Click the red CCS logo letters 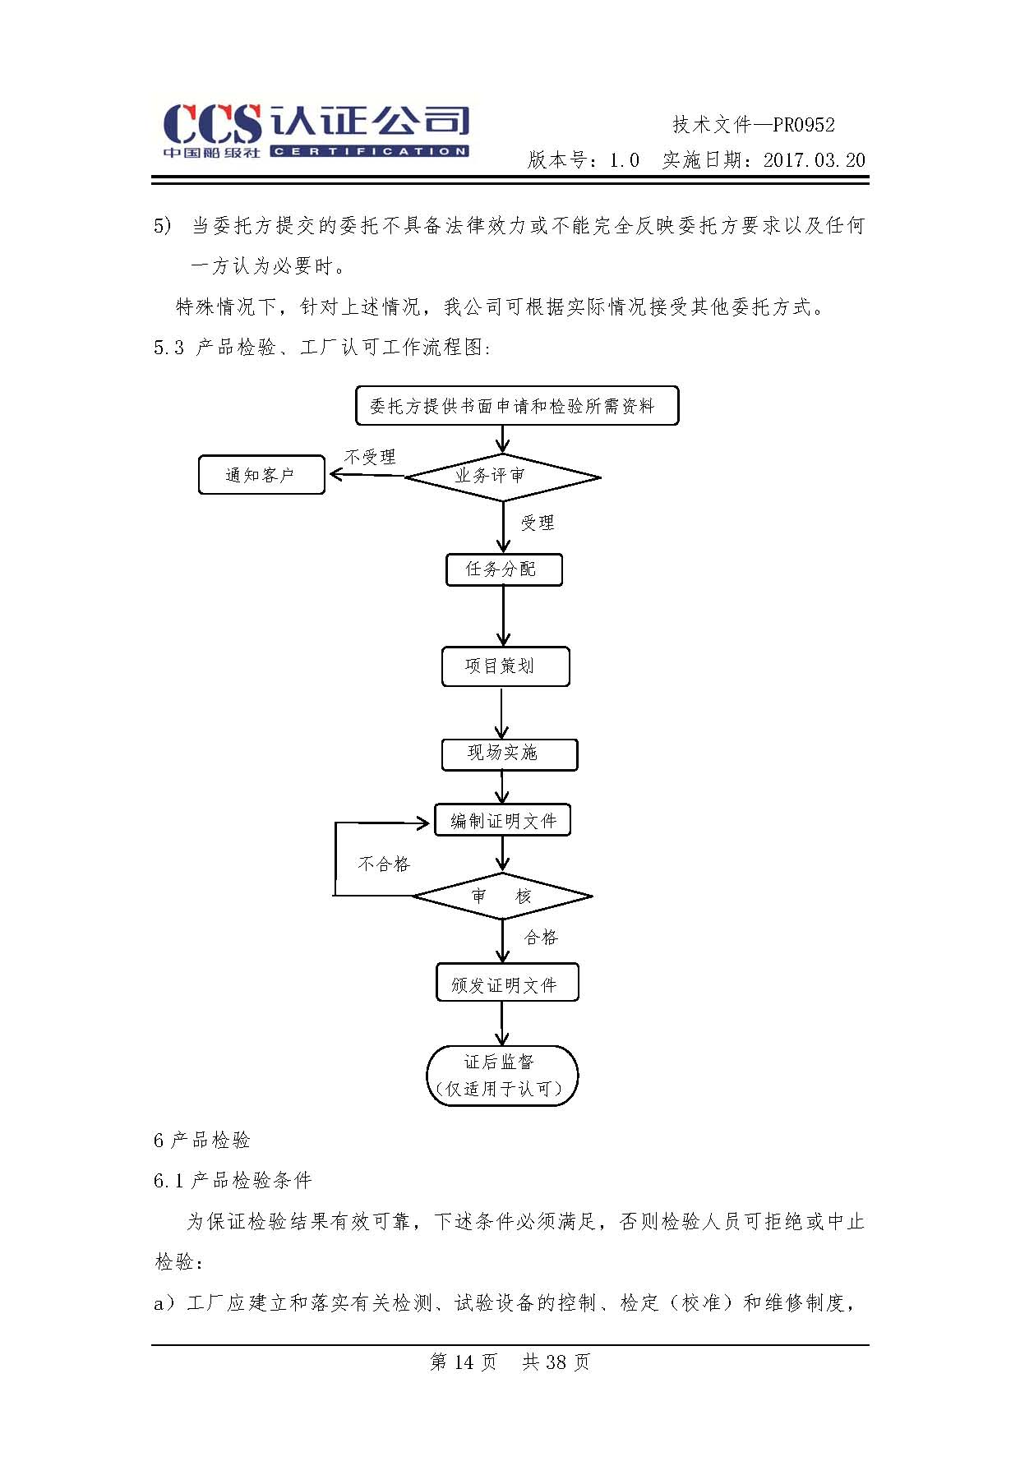click(212, 125)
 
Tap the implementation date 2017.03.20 click(814, 160)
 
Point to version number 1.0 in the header click(624, 160)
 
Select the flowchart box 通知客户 click(261, 475)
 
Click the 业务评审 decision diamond click(502, 476)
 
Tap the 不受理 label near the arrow click(370, 457)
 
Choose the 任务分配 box click(504, 569)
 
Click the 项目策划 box click(505, 666)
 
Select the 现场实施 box click(509, 754)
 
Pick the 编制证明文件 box click(502, 820)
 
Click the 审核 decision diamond click(501, 896)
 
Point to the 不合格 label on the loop click(384, 864)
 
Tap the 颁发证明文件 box click(506, 983)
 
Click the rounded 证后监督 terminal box click(502, 1075)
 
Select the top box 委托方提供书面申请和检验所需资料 click(516, 406)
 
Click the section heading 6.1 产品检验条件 click(233, 1181)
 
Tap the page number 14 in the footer click(464, 1362)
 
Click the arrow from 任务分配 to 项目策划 click(503, 616)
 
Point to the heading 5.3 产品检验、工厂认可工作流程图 click(322, 348)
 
